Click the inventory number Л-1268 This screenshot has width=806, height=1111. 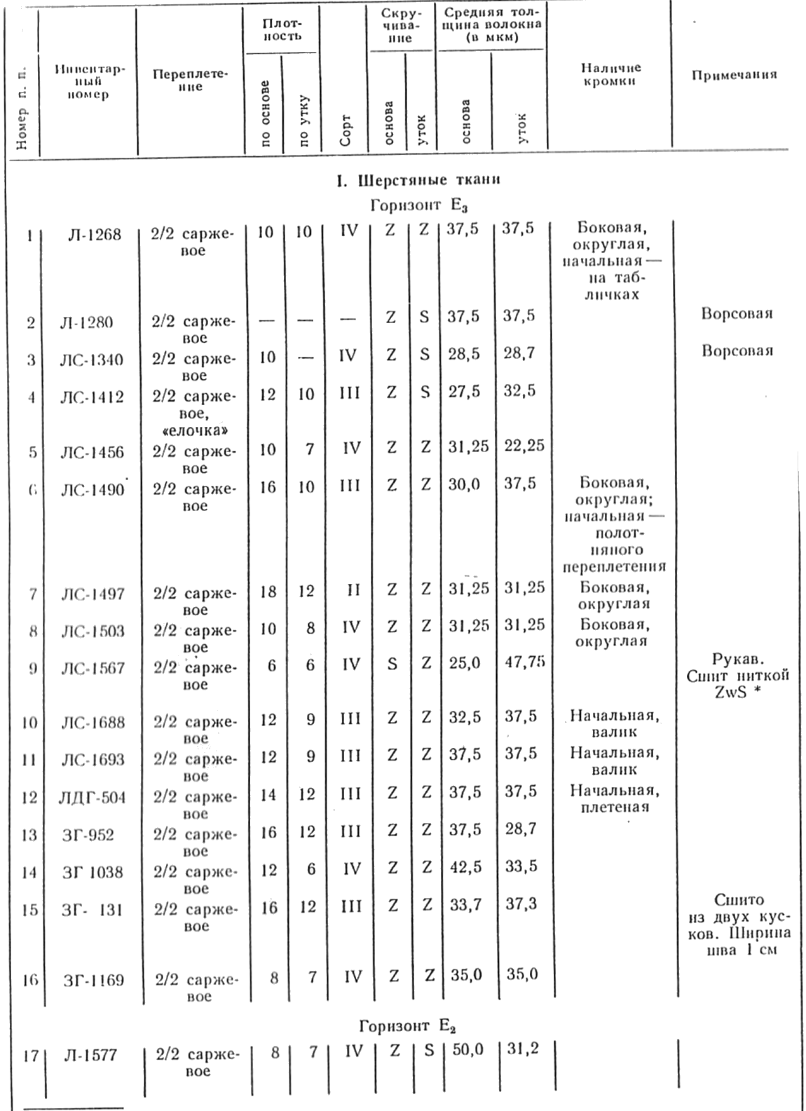pos(95,235)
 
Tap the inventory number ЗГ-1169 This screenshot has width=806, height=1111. pos(93,980)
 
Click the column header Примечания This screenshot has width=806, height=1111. pos(734,75)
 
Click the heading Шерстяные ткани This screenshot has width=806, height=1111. pos(418,180)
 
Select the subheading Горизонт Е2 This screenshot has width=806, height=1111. pos(407,1027)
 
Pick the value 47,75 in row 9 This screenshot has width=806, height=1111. pos(525,662)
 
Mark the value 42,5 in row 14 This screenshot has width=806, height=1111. pos(465,867)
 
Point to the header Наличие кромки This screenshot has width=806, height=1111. pos(610,74)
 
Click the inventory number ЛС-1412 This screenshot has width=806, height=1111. pos(92,397)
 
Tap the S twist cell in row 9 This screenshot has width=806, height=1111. pos(392,663)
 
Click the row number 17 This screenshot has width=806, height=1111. pos(29,1054)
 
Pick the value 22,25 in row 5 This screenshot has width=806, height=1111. pos(524,445)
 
